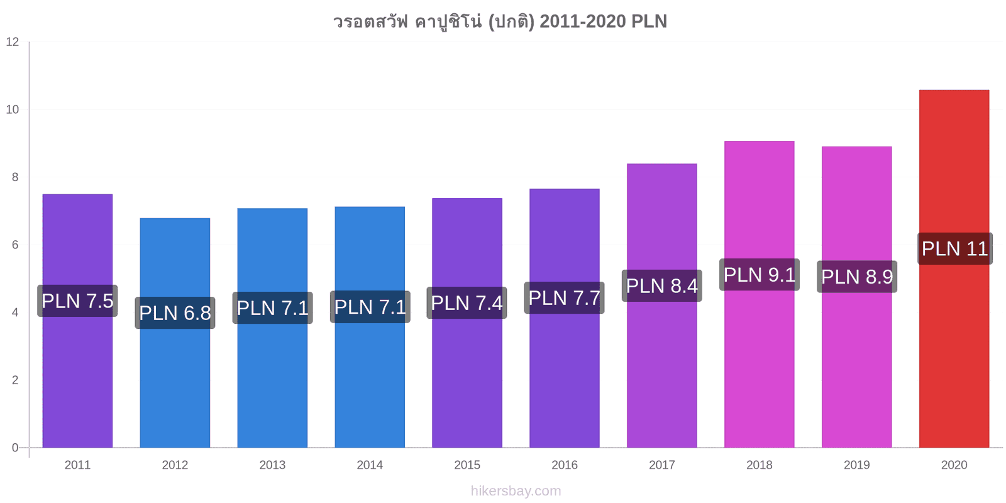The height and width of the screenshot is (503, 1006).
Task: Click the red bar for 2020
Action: (x=954, y=268)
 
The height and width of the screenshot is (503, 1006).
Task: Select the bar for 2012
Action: (x=175, y=333)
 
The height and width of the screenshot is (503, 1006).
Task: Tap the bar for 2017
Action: (x=662, y=306)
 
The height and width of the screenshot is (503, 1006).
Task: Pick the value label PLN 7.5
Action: (x=77, y=301)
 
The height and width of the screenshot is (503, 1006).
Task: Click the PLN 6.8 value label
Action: (x=175, y=313)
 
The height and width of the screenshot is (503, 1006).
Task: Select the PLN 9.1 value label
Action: (x=760, y=275)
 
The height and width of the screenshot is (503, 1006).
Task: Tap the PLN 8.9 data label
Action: (x=857, y=277)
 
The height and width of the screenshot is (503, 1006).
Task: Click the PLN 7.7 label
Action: (x=564, y=298)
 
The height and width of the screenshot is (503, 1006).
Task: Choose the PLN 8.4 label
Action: (x=662, y=285)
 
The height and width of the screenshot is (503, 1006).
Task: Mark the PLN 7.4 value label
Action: (x=467, y=303)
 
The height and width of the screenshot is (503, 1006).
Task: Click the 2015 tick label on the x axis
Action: (x=467, y=465)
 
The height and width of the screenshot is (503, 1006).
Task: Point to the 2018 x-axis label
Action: (x=760, y=465)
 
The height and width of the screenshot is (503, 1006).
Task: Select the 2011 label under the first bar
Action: (x=77, y=465)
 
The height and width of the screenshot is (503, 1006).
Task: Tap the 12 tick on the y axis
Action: (x=13, y=41)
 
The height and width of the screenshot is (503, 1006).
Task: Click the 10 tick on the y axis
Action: (x=13, y=109)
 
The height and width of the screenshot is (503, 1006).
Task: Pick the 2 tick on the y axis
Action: (x=15, y=380)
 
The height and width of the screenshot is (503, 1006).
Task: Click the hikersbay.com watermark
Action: (x=516, y=491)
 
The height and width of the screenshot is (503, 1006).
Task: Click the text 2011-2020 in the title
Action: (x=582, y=21)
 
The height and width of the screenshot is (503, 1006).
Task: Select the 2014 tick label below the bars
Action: (x=370, y=465)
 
